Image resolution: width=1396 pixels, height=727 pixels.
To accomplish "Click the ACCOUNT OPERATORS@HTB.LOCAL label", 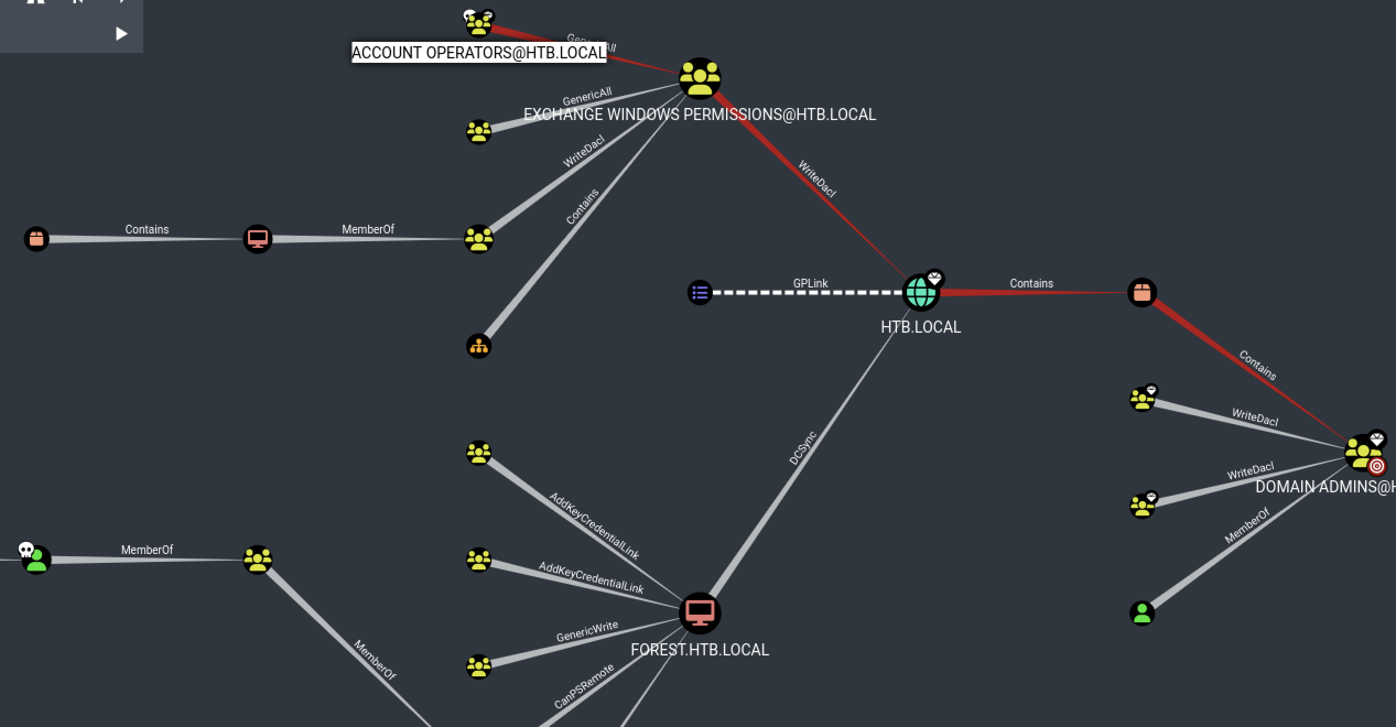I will click(479, 53).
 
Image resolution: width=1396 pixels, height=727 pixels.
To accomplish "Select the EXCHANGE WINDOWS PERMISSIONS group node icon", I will click(700, 79).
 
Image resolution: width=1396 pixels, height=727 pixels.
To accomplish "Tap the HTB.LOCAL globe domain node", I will click(920, 292).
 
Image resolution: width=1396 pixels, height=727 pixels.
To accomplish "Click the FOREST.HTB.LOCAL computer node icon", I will click(700, 612).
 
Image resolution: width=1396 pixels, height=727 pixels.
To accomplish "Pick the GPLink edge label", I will click(810, 283).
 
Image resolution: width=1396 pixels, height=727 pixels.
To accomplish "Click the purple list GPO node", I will click(700, 292).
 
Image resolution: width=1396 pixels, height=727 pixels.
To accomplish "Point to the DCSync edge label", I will click(802, 448).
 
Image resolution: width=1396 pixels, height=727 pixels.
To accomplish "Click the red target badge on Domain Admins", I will click(1377, 466).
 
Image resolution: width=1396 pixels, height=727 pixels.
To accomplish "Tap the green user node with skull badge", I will click(36, 560).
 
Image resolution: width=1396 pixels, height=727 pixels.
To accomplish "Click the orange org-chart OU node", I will click(478, 346).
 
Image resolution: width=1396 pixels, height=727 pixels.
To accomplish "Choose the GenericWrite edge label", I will click(587, 632).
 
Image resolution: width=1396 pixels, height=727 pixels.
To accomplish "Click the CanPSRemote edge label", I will click(583, 687).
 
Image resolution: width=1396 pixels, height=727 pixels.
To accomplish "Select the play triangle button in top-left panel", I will click(121, 34).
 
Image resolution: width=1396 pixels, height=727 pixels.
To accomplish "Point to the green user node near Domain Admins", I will click(1141, 613).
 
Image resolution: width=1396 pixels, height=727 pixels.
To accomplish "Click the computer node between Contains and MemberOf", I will click(257, 239).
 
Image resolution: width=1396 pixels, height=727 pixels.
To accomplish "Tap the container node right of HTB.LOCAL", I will click(1141, 292).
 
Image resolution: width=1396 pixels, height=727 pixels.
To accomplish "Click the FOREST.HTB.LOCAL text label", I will click(700, 650).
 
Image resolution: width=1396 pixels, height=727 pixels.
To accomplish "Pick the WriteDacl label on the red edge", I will click(817, 178).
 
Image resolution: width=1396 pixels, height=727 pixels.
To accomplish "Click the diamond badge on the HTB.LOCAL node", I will click(935, 278).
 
